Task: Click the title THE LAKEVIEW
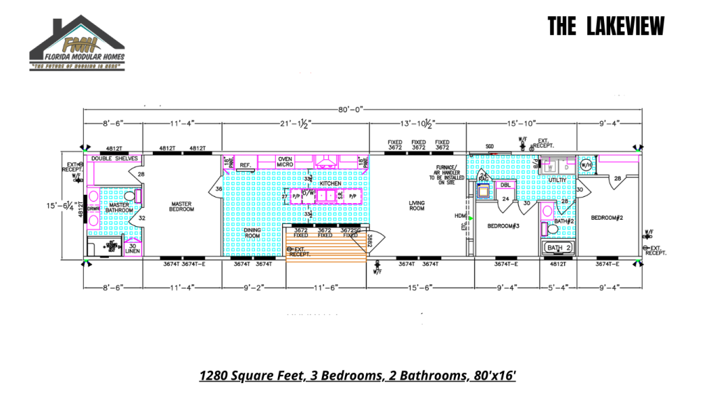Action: pos(605,27)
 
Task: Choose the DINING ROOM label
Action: pos(253,232)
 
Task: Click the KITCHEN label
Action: pos(330,184)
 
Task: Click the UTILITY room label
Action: pos(557,180)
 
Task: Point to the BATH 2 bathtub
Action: pos(559,248)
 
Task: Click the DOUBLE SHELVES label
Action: pos(115,158)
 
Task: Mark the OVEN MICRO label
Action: pos(285,162)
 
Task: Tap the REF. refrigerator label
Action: pos(245,165)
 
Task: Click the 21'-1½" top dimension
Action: pos(295,124)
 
